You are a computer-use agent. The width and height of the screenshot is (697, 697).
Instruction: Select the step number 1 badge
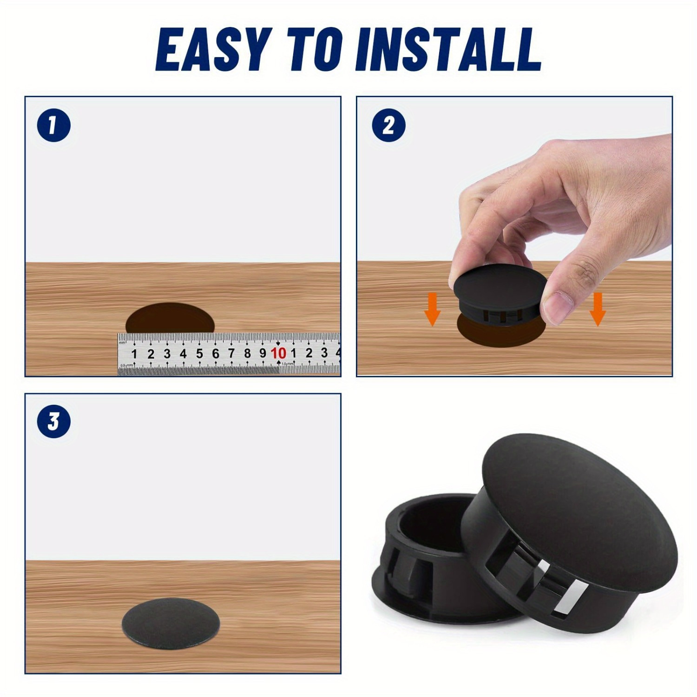tap(53, 125)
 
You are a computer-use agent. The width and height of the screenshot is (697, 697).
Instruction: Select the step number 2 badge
tap(388, 125)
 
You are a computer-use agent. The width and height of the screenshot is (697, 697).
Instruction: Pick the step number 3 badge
tap(53, 422)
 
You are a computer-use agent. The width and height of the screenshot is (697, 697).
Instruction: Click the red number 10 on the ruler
tap(278, 353)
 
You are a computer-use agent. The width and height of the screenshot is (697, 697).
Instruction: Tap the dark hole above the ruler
tap(170, 318)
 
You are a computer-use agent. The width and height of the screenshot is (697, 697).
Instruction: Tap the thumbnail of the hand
tap(558, 307)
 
